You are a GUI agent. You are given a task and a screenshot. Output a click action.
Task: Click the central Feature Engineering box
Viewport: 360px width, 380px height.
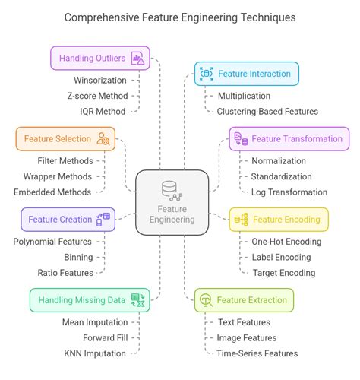point(172,202)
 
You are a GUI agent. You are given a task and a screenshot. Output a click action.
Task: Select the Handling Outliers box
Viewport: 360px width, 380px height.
point(99,58)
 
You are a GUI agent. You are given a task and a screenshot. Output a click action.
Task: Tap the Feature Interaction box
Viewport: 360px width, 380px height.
point(246,74)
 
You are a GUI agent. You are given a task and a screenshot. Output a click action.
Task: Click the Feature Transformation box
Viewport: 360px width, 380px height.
point(289,138)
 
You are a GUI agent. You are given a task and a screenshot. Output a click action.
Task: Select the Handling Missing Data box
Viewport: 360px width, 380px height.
point(89,299)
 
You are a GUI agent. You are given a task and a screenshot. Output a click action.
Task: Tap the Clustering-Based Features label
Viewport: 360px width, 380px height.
point(267,112)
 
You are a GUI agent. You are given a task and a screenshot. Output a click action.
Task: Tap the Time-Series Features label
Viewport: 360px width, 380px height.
point(257,353)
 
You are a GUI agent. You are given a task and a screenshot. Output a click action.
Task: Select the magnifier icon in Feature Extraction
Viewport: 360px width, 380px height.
point(205,300)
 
